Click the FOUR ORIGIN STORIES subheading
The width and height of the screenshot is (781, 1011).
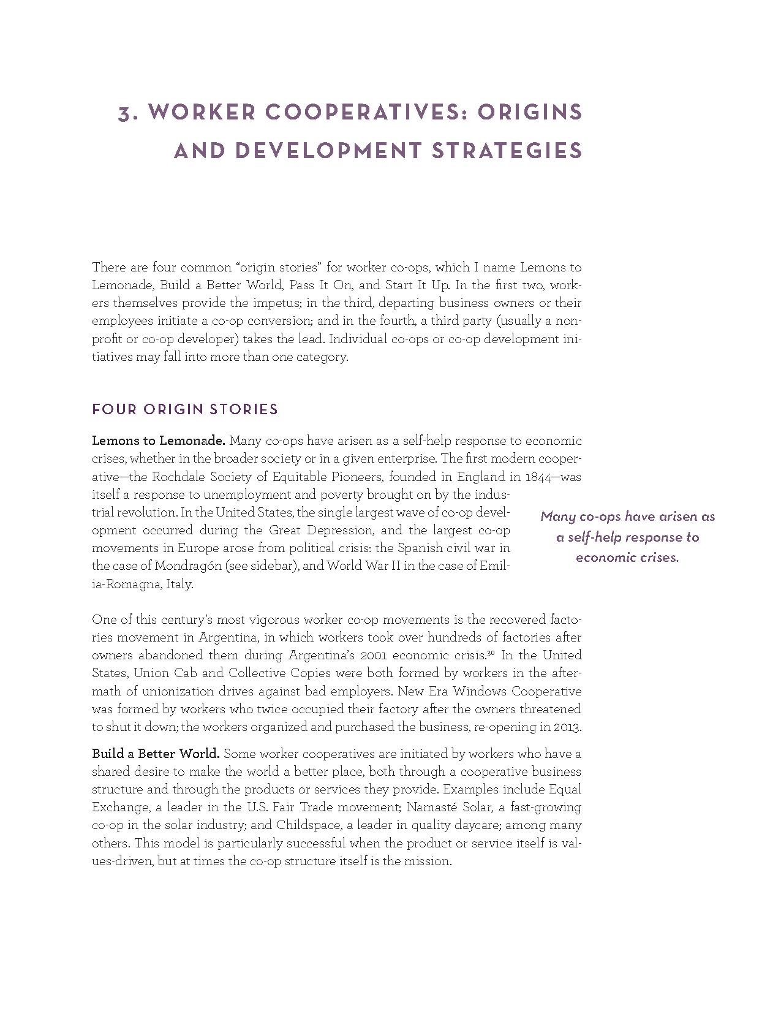185,409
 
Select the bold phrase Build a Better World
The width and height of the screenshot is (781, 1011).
156,753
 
